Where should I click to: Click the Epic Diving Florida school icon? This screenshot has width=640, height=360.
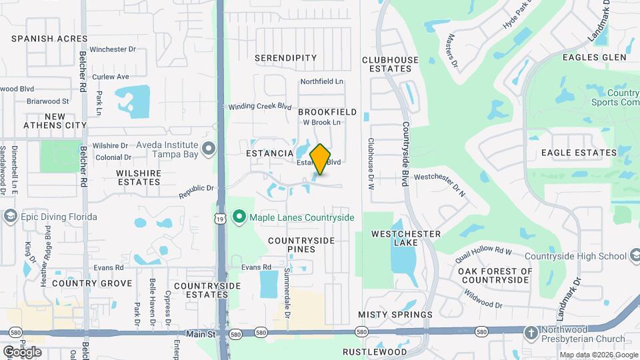pos(10,217)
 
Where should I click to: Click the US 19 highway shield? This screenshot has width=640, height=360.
pos(219,219)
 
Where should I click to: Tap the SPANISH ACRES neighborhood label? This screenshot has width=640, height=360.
pos(49,39)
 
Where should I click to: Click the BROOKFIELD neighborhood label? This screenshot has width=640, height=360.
pos(327,112)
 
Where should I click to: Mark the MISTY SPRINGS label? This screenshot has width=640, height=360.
pos(395,314)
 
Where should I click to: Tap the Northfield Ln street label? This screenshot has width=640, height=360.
pos(321,82)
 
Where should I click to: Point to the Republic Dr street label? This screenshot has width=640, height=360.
pos(196,191)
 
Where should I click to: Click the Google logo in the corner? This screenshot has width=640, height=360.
pos(22,351)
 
